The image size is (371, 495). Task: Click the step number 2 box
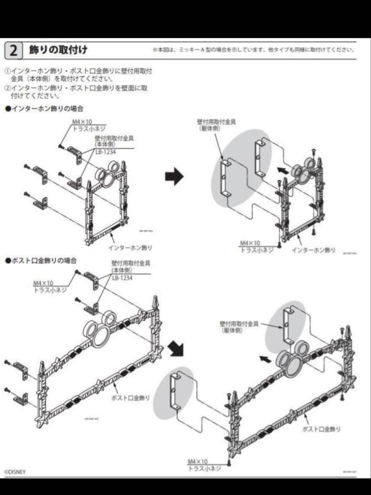click(x=14, y=50)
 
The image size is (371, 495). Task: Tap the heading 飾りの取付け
click(x=58, y=49)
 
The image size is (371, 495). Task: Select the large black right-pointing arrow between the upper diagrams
click(x=174, y=176)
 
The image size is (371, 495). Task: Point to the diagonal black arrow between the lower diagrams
click(x=175, y=349)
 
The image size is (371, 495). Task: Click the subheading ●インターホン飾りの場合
click(x=44, y=109)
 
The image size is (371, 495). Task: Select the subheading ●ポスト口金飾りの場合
click(x=41, y=260)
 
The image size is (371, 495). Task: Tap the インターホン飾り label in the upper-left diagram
click(x=130, y=247)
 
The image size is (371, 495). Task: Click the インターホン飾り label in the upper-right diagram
click(x=313, y=250)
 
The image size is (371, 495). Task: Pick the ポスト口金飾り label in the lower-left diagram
click(x=131, y=398)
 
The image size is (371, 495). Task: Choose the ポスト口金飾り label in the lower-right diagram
click(x=322, y=429)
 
